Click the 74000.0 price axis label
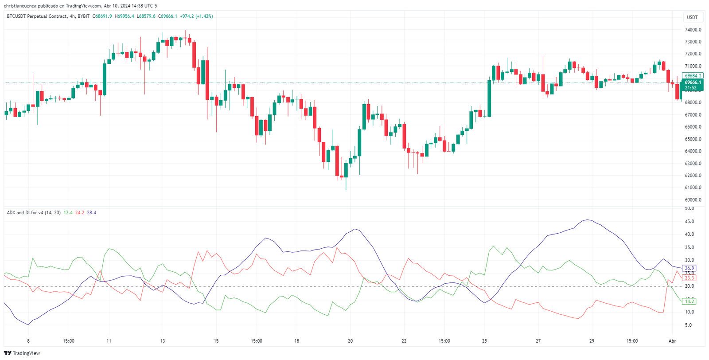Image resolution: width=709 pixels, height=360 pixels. (x=693, y=30)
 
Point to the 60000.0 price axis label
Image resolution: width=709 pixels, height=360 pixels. (x=693, y=200)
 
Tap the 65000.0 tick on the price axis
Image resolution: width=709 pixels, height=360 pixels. (x=693, y=139)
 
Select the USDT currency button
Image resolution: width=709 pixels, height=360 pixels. (x=692, y=17)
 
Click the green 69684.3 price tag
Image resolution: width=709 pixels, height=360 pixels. (x=693, y=76)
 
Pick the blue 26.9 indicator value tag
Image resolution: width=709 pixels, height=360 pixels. (x=690, y=268)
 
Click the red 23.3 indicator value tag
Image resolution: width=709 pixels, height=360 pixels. (x=690, y=278)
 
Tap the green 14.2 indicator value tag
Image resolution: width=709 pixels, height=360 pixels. (x=690, y=301)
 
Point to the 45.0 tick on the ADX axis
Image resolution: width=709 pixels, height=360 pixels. (x=689, y=221)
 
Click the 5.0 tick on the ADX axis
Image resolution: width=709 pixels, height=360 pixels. (x=688, y=325)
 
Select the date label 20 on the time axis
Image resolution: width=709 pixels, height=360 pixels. (x=350, y=341)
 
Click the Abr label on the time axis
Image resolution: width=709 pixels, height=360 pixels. (x=672, y=341)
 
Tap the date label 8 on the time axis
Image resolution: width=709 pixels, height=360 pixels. (x=28, y=341)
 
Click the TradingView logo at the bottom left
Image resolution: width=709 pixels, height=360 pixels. (x=22, y=353)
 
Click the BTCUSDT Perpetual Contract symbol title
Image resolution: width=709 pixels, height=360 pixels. (x=37, y=16)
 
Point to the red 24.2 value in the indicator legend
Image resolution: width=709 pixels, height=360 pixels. (x=80, y=213)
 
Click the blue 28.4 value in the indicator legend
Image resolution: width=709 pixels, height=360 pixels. (x=91, y=213)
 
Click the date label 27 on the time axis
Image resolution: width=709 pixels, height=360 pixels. (x=538, y=341)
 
